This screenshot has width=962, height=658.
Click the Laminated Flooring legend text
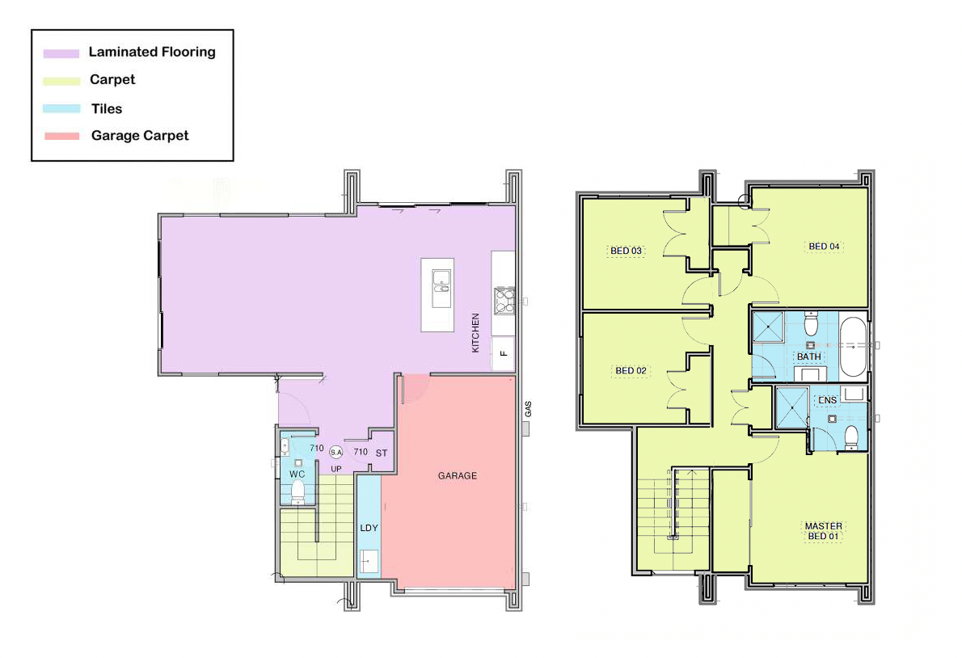pos(152,52)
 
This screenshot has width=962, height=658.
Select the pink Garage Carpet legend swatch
pos(62,136)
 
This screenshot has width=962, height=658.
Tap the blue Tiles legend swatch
pos(61,108)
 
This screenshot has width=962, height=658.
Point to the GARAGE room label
pos(457,476)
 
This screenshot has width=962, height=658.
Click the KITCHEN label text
pos(475,333)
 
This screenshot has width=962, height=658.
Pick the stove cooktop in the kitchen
pos(504,301)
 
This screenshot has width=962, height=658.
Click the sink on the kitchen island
pos(441,289)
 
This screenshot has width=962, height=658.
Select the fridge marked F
pos(503,353)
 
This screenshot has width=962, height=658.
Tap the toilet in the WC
pos(297,491)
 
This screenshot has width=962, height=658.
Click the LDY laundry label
pos(369,528)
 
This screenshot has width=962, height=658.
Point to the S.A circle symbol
pos(336,453)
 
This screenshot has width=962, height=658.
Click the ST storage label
pos(382,453)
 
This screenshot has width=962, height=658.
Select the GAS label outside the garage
pos(528,409)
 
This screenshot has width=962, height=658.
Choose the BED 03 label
pos(626,251)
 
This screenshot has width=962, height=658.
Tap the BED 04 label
pos(824,247)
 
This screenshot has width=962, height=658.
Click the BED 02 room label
pos(631,371)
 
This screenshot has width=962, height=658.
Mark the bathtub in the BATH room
pos(853,347)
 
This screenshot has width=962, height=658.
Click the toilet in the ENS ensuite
pos(851,438)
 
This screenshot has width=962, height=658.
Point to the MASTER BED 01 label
pos(823,531)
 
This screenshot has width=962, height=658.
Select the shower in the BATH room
pos(768,327)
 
